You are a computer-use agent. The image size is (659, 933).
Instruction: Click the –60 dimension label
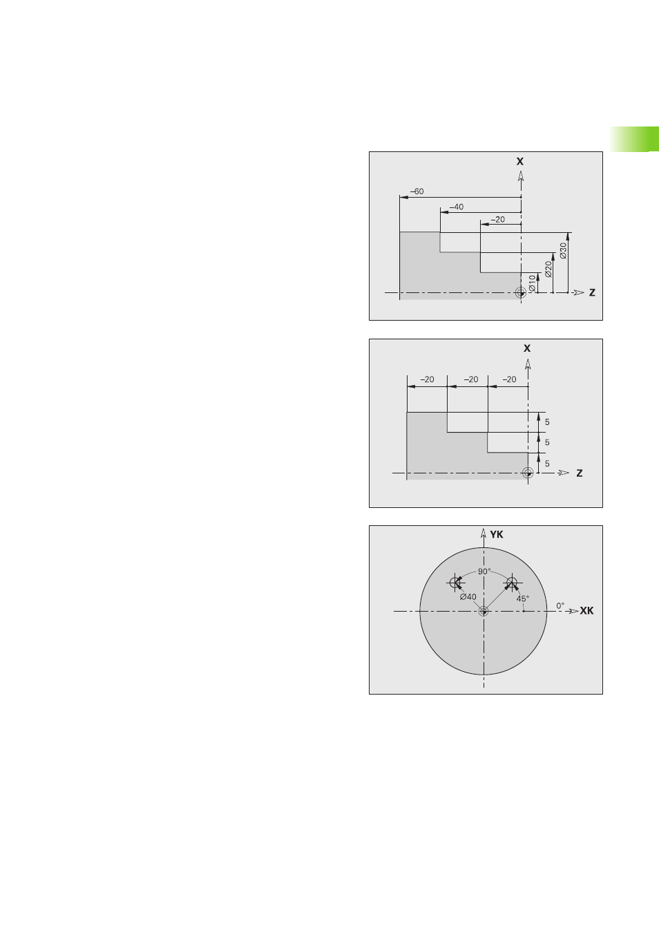[x=417, y=191]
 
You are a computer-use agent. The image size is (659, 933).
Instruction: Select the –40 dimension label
[x=457, y=207]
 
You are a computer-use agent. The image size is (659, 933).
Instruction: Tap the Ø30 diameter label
[x=563, y=250]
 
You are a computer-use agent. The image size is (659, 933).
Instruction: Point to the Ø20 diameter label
[x=548, y=269]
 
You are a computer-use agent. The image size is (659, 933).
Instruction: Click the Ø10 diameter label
[x=532, y=283]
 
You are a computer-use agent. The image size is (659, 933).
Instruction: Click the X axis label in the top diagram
[x=520, y=161]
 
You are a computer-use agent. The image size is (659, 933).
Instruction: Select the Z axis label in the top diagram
[x=592, y=292]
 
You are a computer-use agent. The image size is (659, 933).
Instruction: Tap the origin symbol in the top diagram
[x=521, y=293]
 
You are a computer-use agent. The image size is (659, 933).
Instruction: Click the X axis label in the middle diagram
[x=527, y=348]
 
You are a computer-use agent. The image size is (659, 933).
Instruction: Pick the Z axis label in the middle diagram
[x=579, y=473]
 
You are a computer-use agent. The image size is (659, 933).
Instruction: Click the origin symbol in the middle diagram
[x=528, y=473]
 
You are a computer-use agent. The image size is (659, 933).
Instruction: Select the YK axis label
[x=497, y=534]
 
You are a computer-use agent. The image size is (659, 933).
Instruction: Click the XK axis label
[x=586, y=611]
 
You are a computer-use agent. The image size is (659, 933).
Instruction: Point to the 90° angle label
[x=484, y=572]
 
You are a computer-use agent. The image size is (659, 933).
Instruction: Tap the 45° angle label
[x=522, y=599]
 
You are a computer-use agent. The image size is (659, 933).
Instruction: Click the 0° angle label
[x=560, y=605]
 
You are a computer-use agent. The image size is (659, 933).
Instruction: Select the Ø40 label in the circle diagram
[x=468, y=597]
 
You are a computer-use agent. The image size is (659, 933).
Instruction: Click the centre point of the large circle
[x=484, y=612]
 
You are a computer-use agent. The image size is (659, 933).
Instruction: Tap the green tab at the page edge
[x=634, y=139]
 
